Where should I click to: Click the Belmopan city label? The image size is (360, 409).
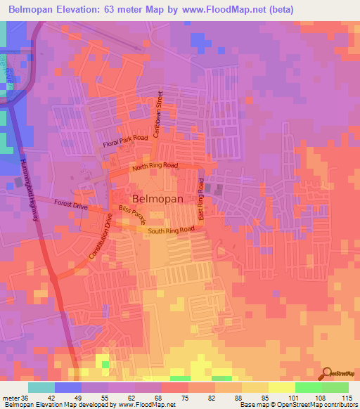[157, 199]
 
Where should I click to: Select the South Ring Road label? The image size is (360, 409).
[170, 230]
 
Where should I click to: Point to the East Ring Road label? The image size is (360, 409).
[201, 200]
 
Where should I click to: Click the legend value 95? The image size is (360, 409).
[256, 397]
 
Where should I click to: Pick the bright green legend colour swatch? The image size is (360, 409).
[308, 387]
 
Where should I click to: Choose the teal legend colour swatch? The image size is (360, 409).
[41, 387]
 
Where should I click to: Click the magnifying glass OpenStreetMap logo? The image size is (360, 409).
[326, 375]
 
